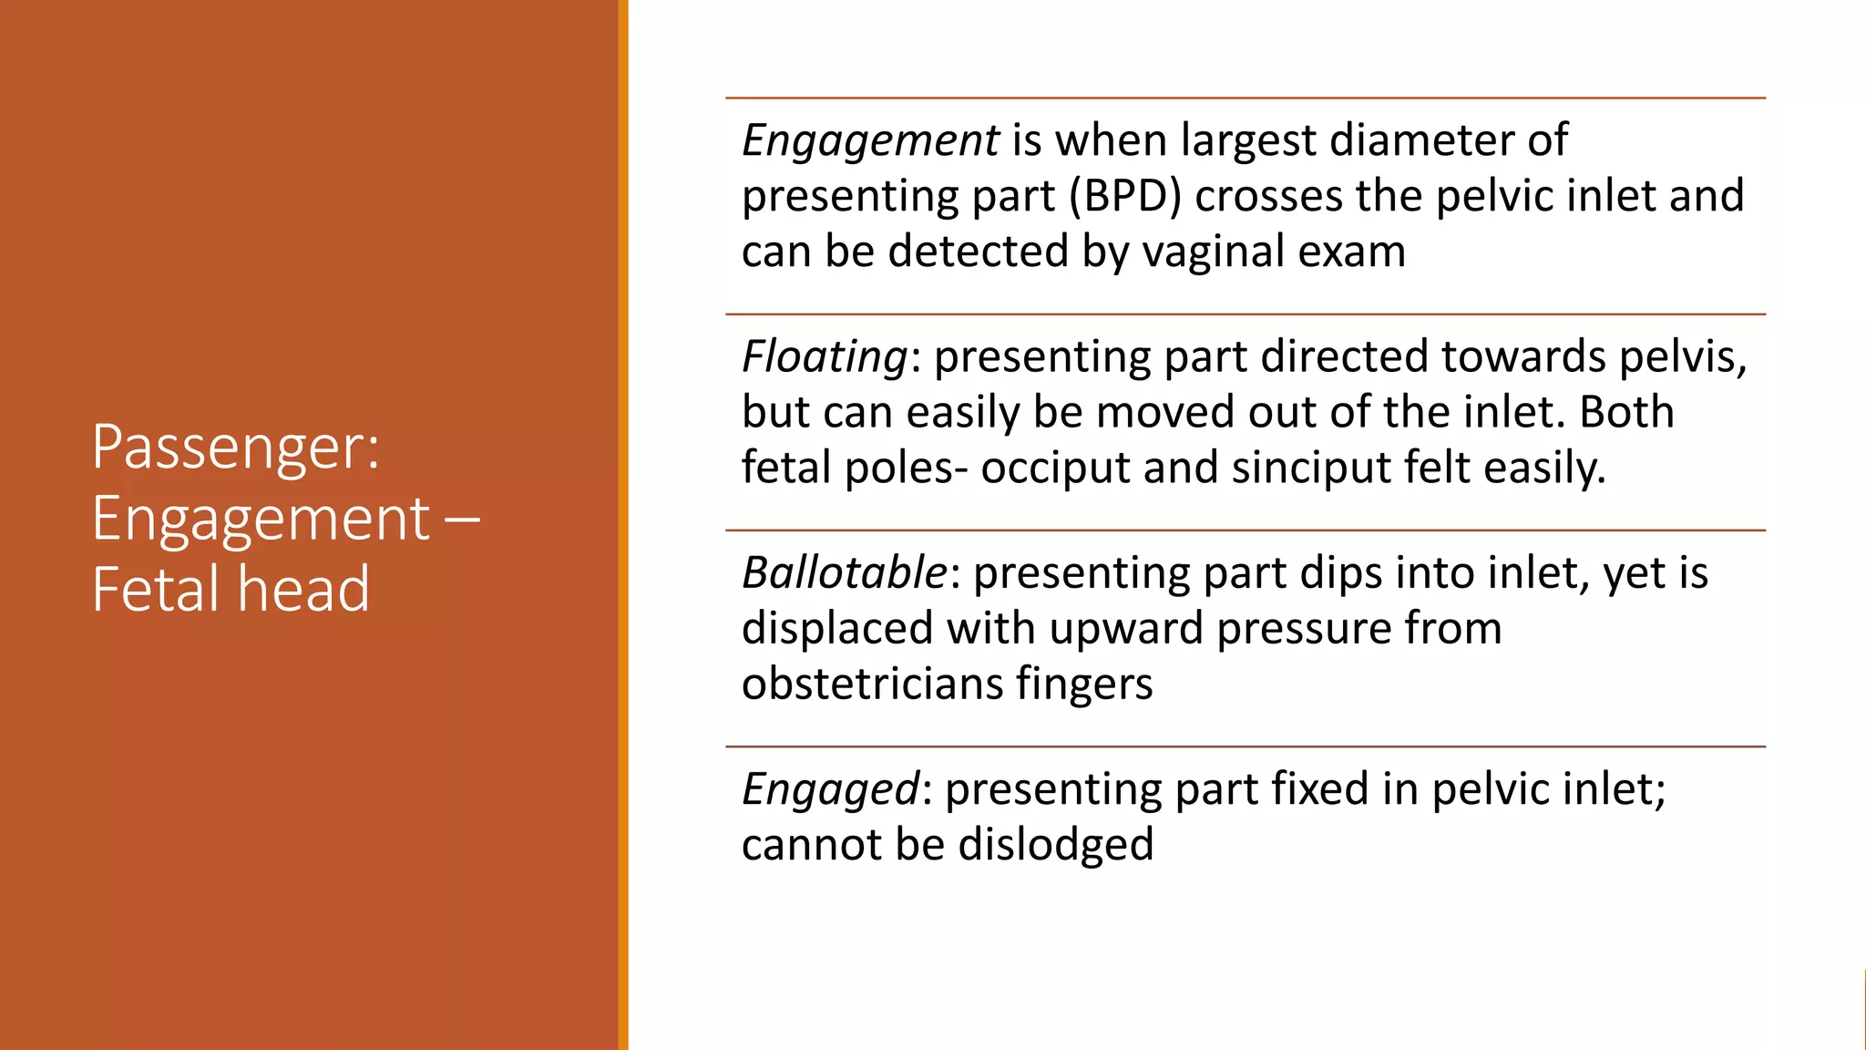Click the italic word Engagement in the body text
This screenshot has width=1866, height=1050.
coord(870,141)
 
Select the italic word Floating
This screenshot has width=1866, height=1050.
coord(824,356)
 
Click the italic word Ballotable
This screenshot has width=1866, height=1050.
coord(845,573)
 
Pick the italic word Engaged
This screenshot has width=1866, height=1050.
coord(830,789)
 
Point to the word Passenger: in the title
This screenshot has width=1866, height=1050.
coord(235,448)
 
